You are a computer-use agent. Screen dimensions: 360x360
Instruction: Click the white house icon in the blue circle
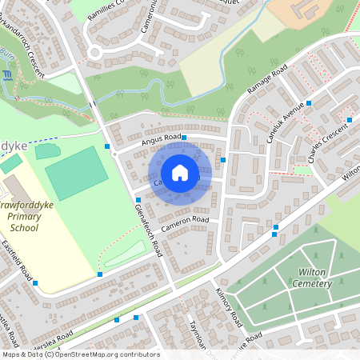click(180, 173)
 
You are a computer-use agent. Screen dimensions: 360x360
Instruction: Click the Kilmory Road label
click(229, 305)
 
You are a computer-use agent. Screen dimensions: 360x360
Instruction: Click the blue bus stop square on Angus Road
click(184, 138)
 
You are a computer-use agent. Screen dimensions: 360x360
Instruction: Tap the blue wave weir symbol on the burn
click(8, 75)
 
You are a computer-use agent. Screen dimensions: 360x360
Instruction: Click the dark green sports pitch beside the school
click(76, 172)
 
